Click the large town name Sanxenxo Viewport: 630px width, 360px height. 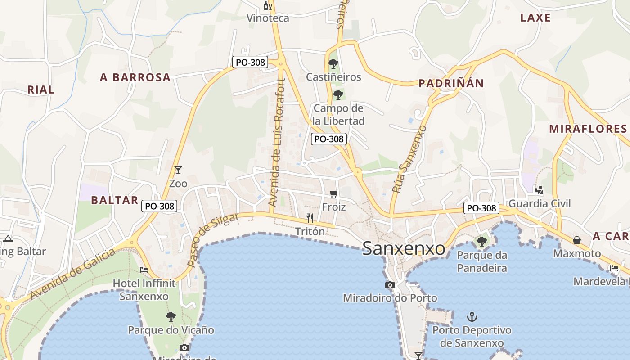click(x=404, y=248)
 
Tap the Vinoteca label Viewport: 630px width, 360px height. click(x=268, y=18)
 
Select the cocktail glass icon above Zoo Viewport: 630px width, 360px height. click(x=178, y=170)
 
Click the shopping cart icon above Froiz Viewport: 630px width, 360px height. click(x=333, y=193)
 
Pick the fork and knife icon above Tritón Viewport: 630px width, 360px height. click(x=310, y=218)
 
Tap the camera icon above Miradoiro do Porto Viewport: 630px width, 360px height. click(x=390, y=285)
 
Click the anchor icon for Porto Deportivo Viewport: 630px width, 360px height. click(x=472, y=317)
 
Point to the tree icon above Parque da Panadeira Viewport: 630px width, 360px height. click(x=481, y=242)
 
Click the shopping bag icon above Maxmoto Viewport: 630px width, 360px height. click(x=576, y=240)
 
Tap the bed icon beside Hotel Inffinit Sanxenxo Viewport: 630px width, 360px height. click(x=144, y=270)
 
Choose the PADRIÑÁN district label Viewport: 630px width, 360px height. click(x=451, y=83)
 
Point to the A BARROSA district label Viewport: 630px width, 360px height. click(x=135, y=77)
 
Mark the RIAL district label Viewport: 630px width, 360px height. click(x=41, y=90)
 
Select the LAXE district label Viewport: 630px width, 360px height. click(x=535, y=18)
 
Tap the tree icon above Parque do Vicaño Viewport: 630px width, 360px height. click(x=171, y=317)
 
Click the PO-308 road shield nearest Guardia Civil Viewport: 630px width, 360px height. click(x=481, y=208)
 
